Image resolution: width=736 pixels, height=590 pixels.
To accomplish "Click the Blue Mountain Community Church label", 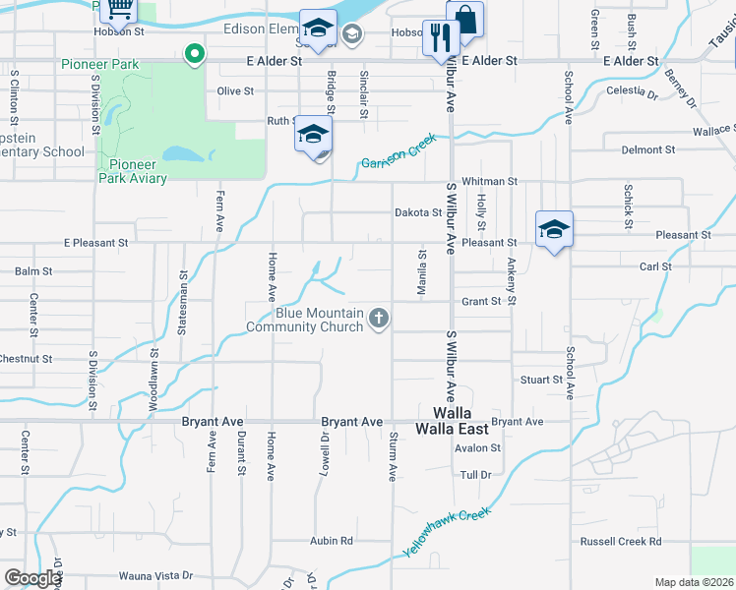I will pyautogui.click(x=305, y=320).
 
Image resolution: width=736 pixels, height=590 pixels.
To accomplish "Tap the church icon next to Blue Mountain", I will pyautogui.click(x=379, y=318).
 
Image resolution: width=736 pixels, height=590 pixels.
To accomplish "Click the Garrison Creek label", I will pyautogui.click(x=398, y=151).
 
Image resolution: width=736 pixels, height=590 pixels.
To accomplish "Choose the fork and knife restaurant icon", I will pyautogui.click(x=440, y=38).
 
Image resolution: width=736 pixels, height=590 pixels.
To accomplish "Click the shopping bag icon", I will pyautogui.click(x=464, y=18).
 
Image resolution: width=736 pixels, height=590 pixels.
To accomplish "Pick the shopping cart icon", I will pyautogui.click(x=118, y=9).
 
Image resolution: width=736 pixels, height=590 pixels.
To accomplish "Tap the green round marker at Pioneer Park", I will pyautogui.click(x=195, y=54).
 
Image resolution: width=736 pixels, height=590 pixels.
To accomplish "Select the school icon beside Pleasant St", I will pyautogui.click(x=554, y=230).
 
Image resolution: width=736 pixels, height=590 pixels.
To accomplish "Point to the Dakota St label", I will pyautogui.click(x=418, y=212).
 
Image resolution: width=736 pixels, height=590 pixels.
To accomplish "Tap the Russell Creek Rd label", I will pyautogui.click(x=620, y=541).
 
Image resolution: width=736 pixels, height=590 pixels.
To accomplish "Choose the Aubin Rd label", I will pyautogui.click(x=332, y=541).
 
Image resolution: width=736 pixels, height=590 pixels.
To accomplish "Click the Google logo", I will pyautogui.click(x=32, y=578).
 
